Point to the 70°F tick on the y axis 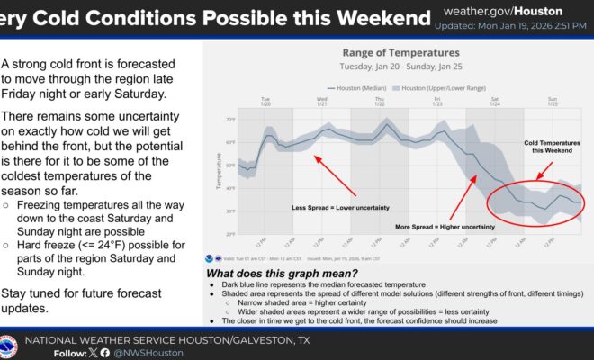(230, 120)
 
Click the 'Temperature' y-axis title (218, 176)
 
